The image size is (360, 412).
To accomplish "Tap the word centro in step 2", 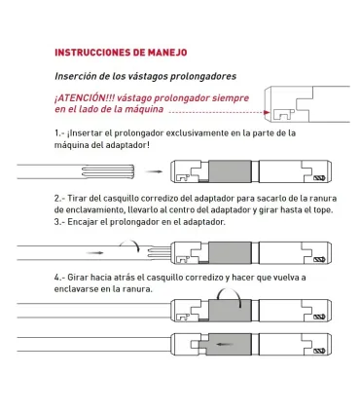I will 192,209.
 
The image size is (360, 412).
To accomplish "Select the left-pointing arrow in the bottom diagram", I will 226,343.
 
